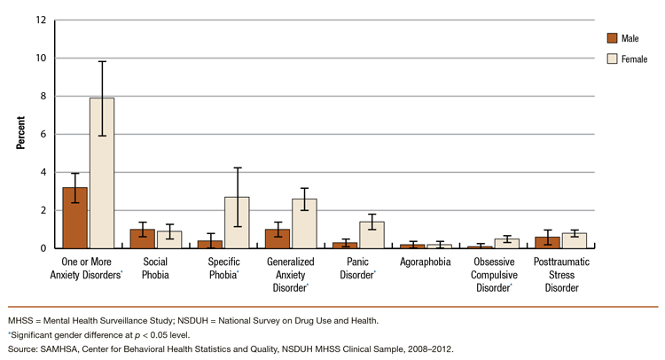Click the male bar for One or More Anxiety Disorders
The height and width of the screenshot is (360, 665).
[x=75, y=218]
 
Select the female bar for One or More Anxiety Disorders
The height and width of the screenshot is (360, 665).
[x=102, y=174]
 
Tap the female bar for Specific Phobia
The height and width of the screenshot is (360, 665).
[x=237, y=223]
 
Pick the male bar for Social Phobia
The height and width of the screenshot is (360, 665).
[x=143, y=239]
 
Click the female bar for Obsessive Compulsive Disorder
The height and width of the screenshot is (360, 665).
[x=506, y=244]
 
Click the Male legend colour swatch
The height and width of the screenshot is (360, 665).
[x=612, y=38]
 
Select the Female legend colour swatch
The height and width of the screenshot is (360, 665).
[x=612, y=59]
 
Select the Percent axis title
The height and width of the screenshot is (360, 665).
[x=20, y=134]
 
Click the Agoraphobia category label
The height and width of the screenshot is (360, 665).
[x=426, y=263]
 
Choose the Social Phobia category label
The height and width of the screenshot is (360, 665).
[x=156, y=270]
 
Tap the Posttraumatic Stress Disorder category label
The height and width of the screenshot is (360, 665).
[x=560, y=276]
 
